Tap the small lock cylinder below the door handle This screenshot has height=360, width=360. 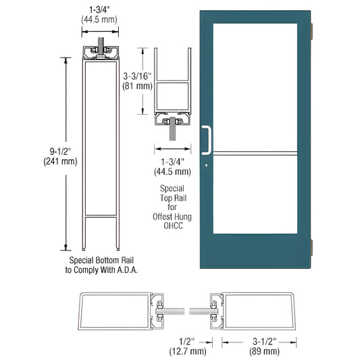[207, 163]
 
